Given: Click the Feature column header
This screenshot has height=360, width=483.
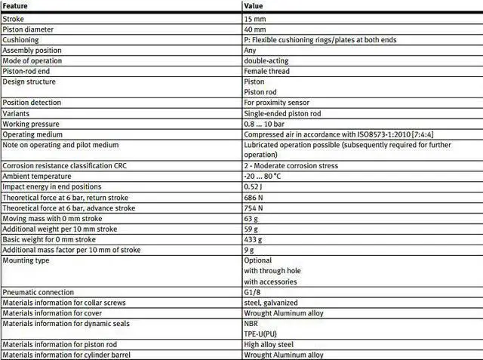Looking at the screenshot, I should pos(16,6).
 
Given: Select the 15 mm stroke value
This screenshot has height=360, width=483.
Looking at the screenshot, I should pos(255,18).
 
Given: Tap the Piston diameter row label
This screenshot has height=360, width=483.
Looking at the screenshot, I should pos(26,29).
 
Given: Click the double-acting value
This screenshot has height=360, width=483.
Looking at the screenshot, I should pos(266,60).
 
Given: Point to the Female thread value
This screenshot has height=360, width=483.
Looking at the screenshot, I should pos(266,71).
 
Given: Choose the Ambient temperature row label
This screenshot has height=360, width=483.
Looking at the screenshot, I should pos(34,176).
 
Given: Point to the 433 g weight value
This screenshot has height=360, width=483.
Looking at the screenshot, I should pos(253,239).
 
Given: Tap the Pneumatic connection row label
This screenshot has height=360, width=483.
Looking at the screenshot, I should pos(38,292).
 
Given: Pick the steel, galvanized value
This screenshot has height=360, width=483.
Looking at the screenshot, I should pos(270,302).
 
